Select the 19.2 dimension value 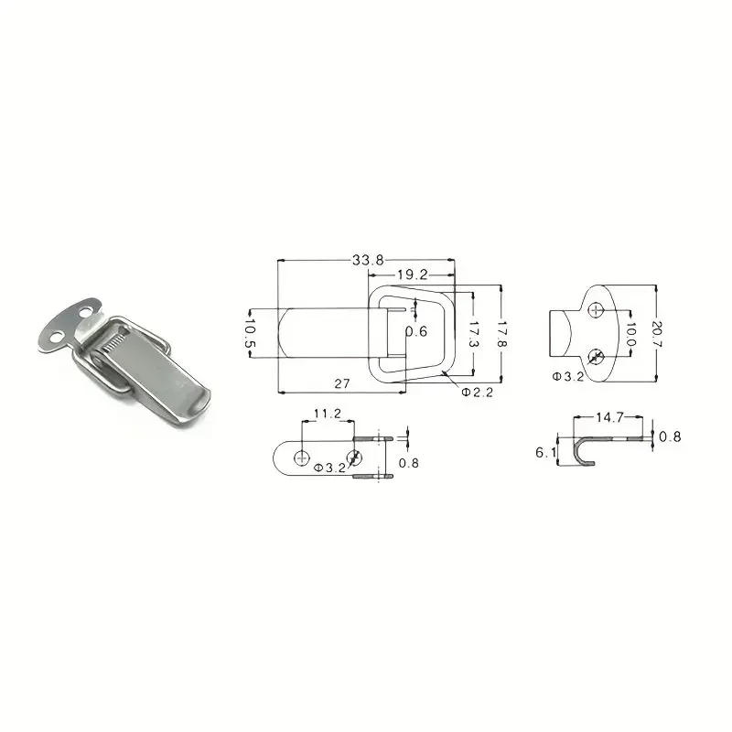point(413,274)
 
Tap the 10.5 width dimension point(250,334)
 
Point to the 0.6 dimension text point(416,331)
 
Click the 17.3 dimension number point(475,335)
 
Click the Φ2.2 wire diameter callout point(477,393)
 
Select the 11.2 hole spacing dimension point(327,414)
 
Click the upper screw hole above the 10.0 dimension point(597,311)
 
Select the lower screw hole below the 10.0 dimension point(597,356)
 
